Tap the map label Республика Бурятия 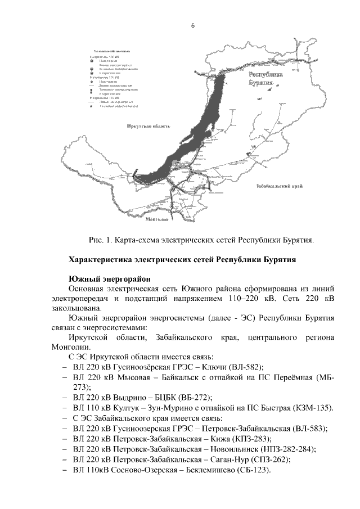[264, 78]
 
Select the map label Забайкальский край [280, 185]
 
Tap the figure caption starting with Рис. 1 [201, 240]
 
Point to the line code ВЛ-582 [242, 366]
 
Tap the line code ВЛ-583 [305, 428]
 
